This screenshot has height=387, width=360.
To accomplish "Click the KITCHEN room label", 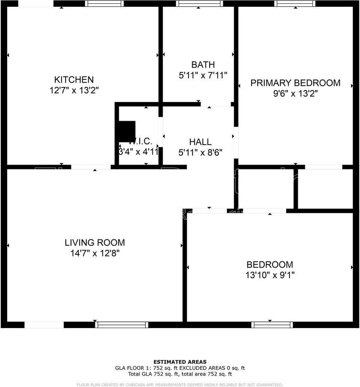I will tap(74, 79).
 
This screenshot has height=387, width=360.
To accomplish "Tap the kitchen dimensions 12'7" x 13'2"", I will tap(74, 90).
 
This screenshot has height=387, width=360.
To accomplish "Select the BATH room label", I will tap(203, 64).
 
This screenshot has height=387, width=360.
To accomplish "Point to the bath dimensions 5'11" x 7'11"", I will tap(203, 75).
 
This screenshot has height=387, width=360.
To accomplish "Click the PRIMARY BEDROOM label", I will tap(295, 83).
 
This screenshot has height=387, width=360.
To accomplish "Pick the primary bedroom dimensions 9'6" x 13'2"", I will tap(295, 94).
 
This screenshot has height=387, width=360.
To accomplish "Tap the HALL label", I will tap(200, 142).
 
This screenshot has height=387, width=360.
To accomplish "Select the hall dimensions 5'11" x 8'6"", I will tap(200, 152).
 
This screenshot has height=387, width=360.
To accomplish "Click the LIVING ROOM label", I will tap(95, 243).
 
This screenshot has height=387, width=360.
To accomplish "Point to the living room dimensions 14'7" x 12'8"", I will tap(95, 253).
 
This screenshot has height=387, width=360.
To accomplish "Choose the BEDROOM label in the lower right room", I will tap(270, 265).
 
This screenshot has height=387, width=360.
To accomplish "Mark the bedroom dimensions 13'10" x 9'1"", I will tap(270, 275).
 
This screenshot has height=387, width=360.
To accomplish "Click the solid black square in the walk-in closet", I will tap(126, 131).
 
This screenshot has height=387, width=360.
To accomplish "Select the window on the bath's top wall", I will tap(200, 4).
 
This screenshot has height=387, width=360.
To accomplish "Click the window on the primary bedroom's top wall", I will tap(295, 4).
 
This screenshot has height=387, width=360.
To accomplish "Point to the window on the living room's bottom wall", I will tap(121, 325).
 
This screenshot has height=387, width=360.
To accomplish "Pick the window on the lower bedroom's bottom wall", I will tap(272, 325).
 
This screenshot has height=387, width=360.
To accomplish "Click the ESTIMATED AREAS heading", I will tap(180, 362).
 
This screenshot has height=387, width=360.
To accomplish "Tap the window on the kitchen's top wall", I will tap(104, 4).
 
